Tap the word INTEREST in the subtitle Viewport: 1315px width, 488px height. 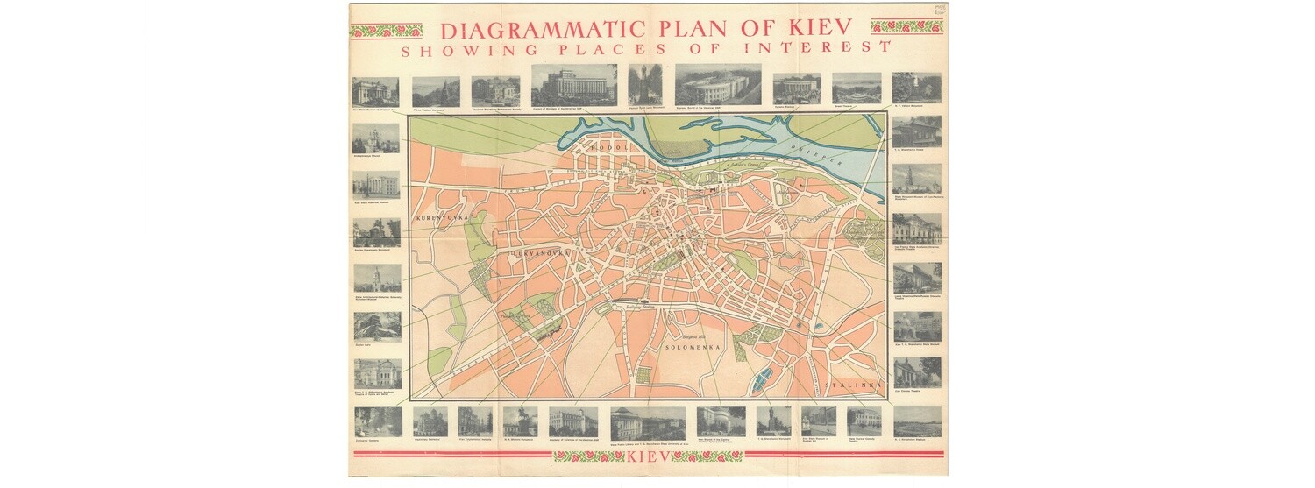[816, 48]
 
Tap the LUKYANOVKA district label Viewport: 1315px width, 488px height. [541, 253]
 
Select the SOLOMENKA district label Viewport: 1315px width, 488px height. [693, 348]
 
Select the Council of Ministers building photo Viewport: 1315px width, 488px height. [573, 85]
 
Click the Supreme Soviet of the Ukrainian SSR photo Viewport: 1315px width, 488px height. [718, 85]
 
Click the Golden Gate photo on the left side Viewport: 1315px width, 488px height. [377, 326]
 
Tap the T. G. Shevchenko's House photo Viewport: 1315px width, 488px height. [917, 131]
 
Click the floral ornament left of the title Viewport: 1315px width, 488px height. [386, 31]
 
